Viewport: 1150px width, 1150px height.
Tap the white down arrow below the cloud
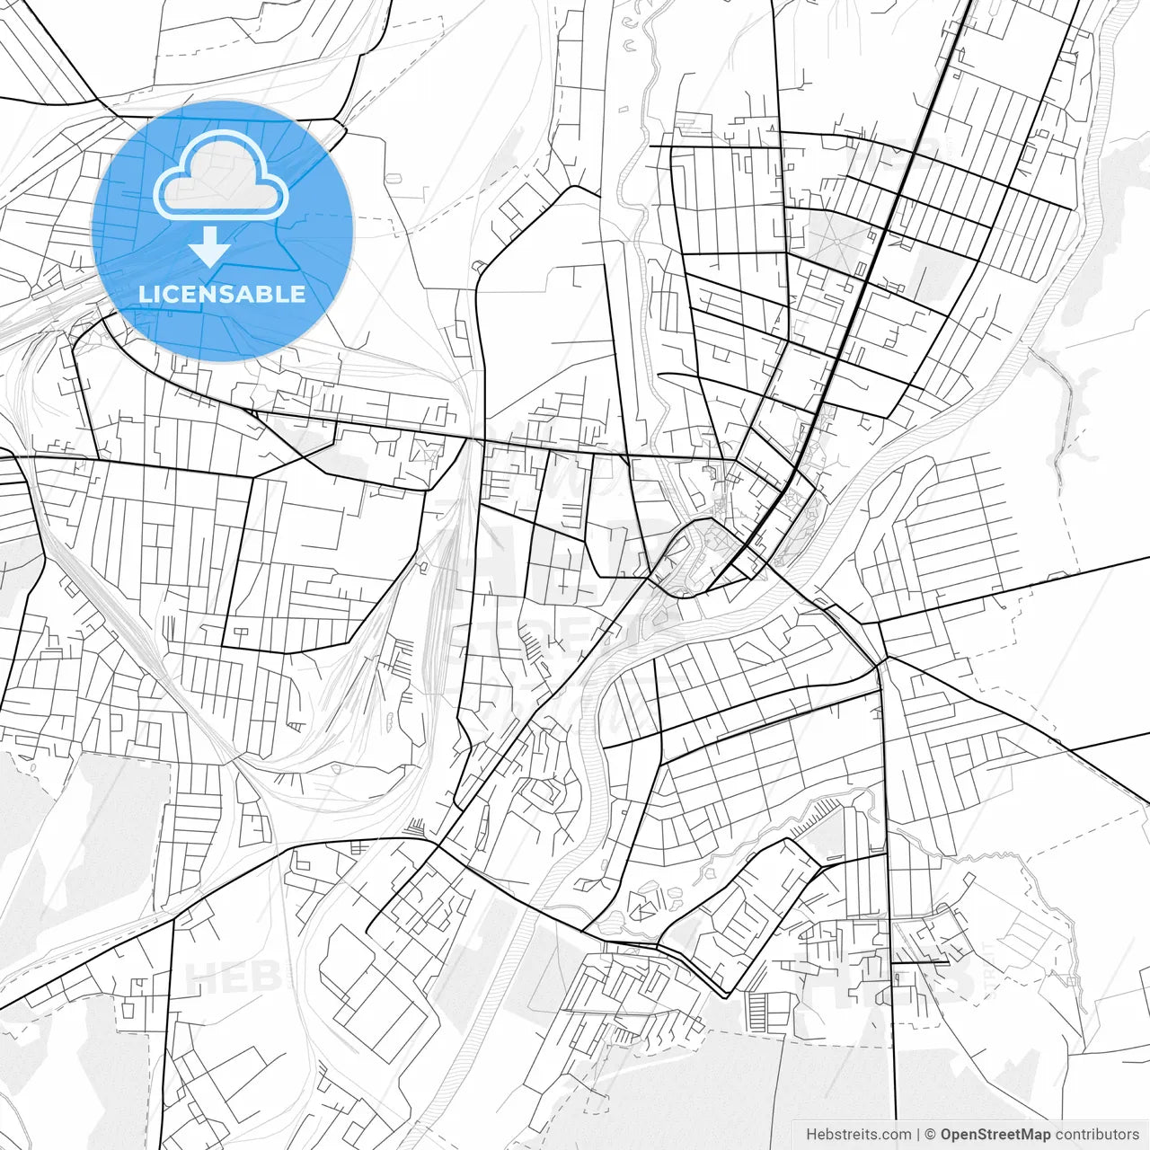pyautogui.click(x=210, y=246)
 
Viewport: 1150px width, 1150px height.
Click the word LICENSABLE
pyautogui.click(x=222, y=294)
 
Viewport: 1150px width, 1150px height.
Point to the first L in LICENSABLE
pyautogui.click(x=145, y=294)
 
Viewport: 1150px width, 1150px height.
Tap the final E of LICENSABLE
pyautogui.click(x=298, y=294)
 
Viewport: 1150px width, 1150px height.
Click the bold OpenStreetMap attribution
pyautogui.click(x=995, y=1134)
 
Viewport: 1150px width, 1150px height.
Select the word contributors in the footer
pyautogui.click(x=1097, y=1134)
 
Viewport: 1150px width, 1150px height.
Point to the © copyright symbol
pyautogui.click(x=931, y=1134)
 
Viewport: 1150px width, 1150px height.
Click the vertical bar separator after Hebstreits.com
pyautogui.click(x=917, y=1134)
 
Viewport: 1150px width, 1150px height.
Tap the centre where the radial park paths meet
pyautogui.click(x=842, y=236)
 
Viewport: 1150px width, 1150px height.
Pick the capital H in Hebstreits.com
pyautogui.click(x=811, y=1134)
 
